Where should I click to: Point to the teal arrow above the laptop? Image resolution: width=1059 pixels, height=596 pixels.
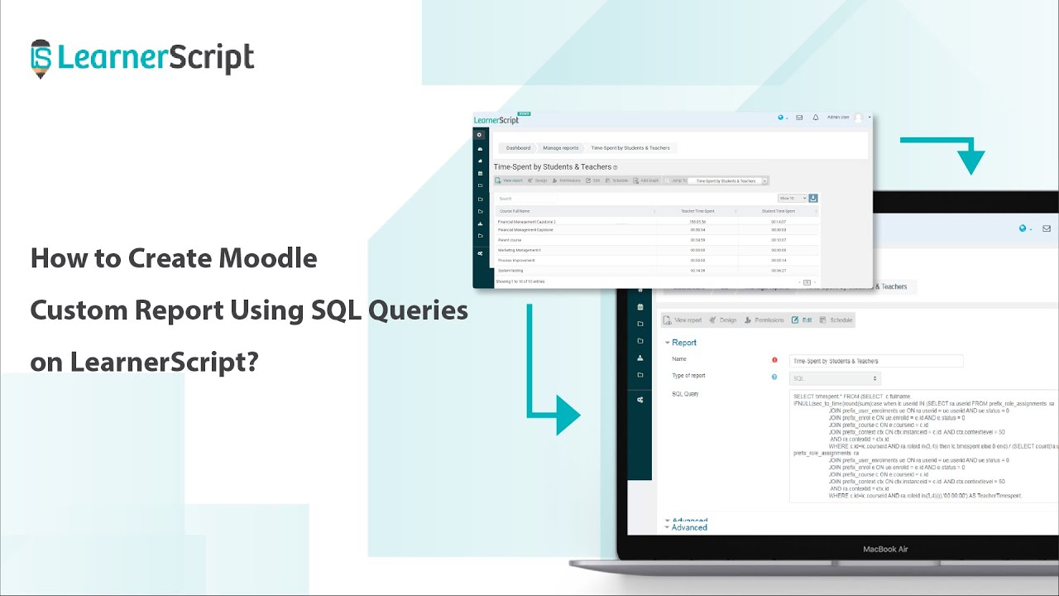pyautogui.click(x=960, y=152)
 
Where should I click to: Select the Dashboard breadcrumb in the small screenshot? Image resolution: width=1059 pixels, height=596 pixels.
pyautogui.click(x=518, y=148)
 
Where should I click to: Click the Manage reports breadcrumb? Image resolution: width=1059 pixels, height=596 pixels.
pyautogui.click(x=560, y=148)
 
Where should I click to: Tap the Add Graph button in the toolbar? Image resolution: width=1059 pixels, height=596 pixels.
pyautogui.click(x=648, y=180)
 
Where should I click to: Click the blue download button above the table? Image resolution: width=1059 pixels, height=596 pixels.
pyautogui.click(x=812, y=199)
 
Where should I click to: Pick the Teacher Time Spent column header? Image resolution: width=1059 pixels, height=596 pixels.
pyautogui.click(x=697, y=211)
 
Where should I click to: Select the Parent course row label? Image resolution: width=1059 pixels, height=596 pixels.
pyautogui.click(x=510, y=240)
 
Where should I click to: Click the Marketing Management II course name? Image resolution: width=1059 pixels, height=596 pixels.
pyautogui.click(x=519, y=250)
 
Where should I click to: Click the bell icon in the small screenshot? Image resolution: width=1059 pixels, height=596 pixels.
pyautogui.click(x=815, y=118)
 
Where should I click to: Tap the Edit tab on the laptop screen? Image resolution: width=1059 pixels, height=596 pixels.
pyautogui.click(x=802, y=320)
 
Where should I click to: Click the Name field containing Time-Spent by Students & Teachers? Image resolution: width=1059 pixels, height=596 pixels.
pyautogui.click(x=875, y=361)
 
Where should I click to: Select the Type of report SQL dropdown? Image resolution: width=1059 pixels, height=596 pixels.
pyautogui.click(x=875, y=377)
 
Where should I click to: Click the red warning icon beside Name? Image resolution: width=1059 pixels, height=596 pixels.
pyautogui.click(x=774, y=360)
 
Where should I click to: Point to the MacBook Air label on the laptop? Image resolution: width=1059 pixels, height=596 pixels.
pyautogui.click(x=885, y=549)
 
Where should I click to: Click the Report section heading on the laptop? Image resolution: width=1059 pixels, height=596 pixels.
pyautogui.click(x=683, y=343)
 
